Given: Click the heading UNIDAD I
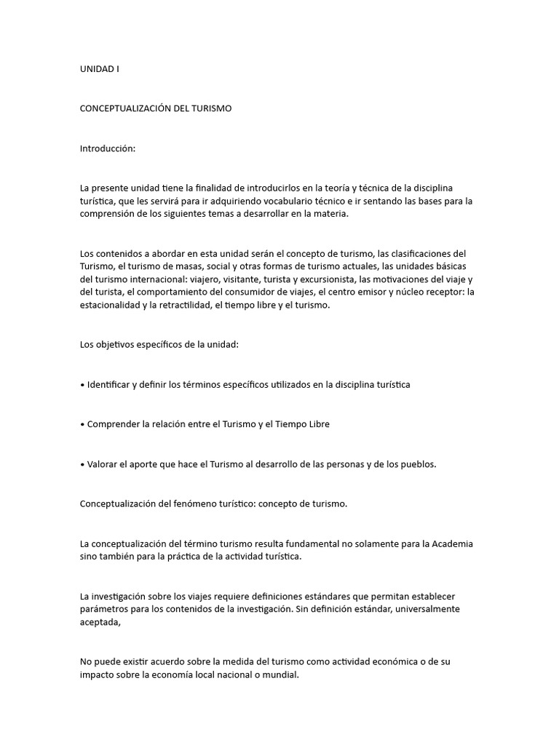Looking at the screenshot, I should pyautogui.click(x=99, y=69).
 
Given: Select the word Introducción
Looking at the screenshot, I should pyautogui.click(x=108, y=148).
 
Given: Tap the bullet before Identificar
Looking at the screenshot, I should pyautogui.click(x=82, y=384).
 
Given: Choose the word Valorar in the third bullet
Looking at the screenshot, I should pyautogui.click(x=103, y=463).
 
